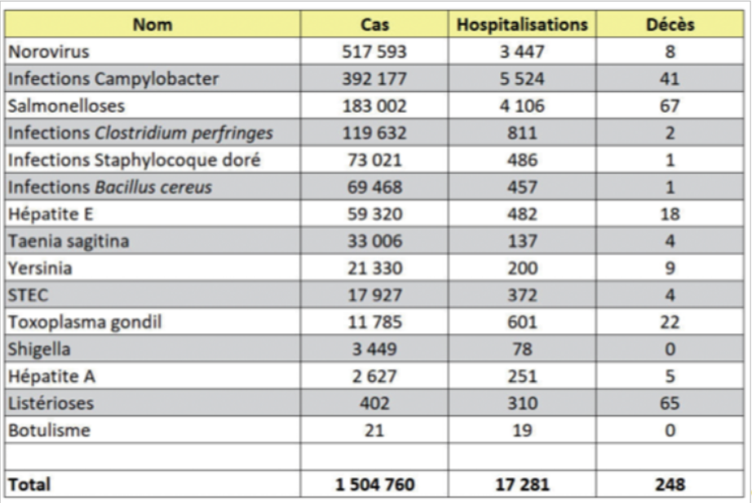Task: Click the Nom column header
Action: tap(153, 24)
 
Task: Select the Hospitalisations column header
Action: tap(522, 24)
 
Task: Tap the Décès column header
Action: tap(670, 24)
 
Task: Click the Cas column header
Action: tap(374, 24)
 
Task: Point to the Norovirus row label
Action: tap(49, 52)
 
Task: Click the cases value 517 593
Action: tap(374, 52)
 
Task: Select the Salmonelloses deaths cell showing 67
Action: tap(670, 106)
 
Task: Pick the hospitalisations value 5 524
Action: tap(522, 78)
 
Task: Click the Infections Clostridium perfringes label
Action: tap(140, 134)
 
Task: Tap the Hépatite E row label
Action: tap(51, 214)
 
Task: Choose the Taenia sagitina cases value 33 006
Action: tap(374, 241)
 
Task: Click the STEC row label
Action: tap(29, 295)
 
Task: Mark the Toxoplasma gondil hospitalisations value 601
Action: tap(522, 322)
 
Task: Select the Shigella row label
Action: tap(39, 350)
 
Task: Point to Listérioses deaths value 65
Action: tap(670, 404)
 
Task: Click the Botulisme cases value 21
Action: tap(374, 430)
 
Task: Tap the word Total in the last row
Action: tap(29, 484)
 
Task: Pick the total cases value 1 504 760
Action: tap(374, 484)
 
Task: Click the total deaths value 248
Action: tap(670, 484)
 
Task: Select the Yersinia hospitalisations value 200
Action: tap(522, 268)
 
